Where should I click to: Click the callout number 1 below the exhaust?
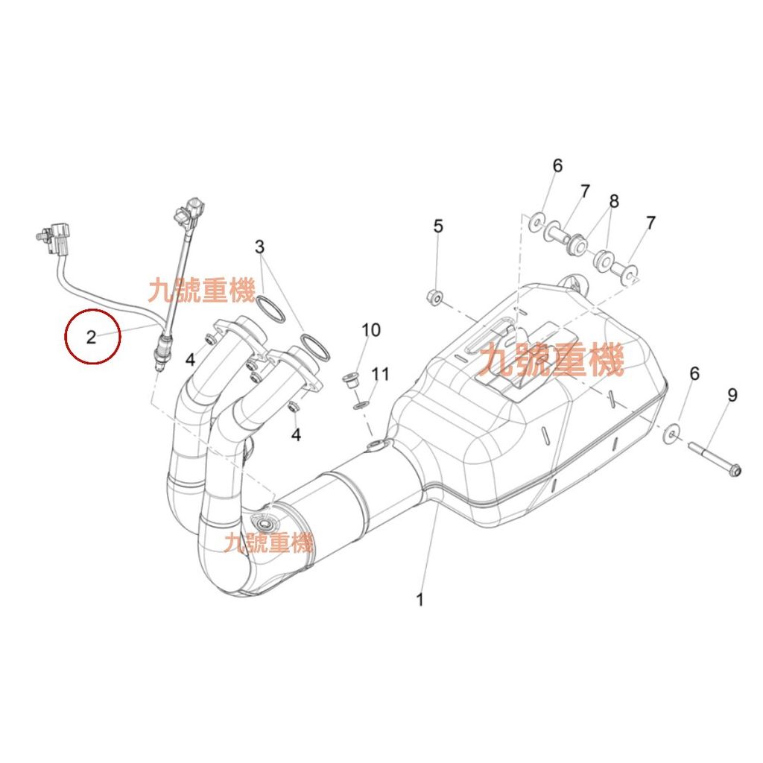[420, 599]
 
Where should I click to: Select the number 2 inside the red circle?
[91, 338]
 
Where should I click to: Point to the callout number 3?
[259, 247]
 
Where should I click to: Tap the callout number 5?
[438, 226]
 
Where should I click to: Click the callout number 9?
[732, 395]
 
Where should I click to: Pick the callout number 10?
[371, 329]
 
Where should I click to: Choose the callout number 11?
[381, 374]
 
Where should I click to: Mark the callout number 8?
[614, 201]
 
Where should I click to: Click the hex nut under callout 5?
[434, 297]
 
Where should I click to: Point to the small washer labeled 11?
[361, 405]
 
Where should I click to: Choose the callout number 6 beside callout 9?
[694, 374]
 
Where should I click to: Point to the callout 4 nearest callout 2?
[191, 359]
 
